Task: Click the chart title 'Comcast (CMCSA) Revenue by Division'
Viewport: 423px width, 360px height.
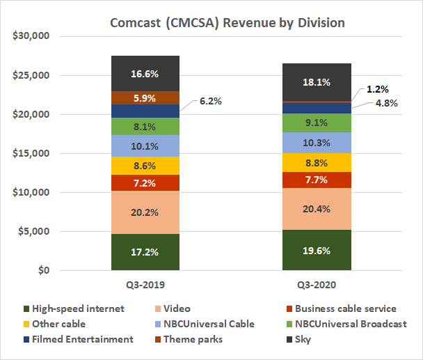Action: click(228, 22)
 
